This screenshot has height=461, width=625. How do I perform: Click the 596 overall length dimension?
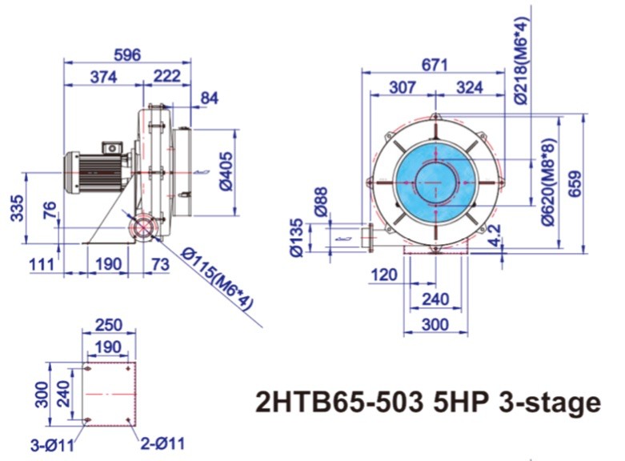[x=128, y=54]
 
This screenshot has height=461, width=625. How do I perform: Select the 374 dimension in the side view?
[x=103, y=77]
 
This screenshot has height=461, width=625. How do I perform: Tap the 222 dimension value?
[x=166, y=77]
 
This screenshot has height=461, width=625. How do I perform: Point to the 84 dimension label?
[x=209, y=98]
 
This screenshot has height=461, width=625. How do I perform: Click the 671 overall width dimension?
[x=435, y=66]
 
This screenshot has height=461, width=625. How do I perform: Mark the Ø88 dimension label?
[x=321, y=199]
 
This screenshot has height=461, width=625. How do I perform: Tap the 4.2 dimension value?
[x=494, y=235]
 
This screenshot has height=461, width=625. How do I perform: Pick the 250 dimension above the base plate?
[x=108, y=324]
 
